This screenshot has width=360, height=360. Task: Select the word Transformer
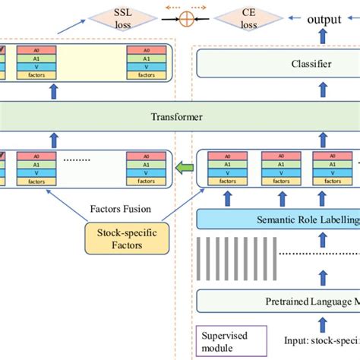pyautogui.click(x=180, y=118)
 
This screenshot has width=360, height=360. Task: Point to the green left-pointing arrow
pyautogui.click(x=184, y=167)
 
